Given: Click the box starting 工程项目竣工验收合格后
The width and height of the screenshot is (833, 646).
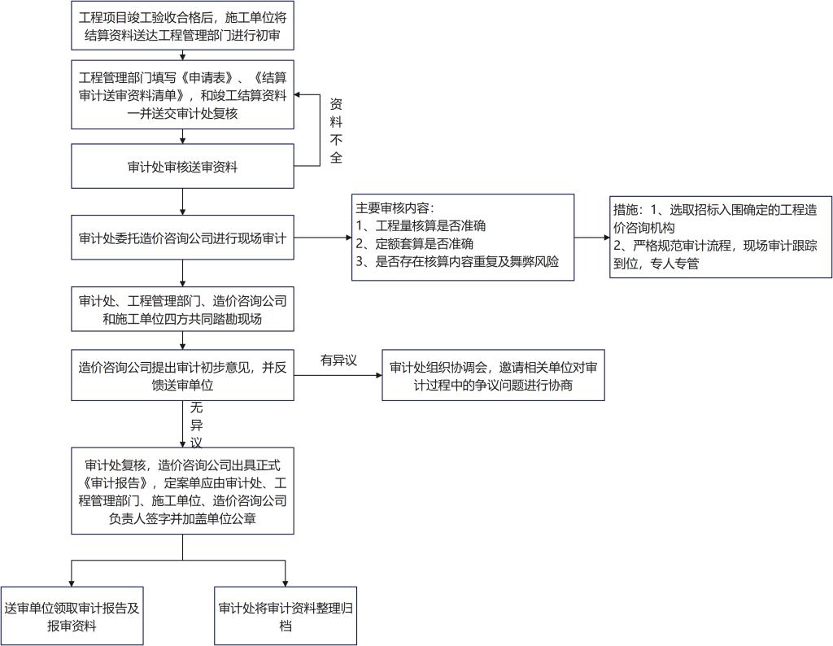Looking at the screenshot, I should click(182, 27).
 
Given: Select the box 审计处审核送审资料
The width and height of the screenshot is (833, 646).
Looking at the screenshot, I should click(182, 167).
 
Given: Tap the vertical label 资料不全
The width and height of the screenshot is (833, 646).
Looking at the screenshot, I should click(336, 130).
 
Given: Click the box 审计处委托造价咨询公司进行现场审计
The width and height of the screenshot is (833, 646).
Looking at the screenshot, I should click(182, 239).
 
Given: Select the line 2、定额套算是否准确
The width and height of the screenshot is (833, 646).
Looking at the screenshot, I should click(415, 243).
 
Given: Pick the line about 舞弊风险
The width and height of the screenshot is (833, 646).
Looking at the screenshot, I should click(457, 262).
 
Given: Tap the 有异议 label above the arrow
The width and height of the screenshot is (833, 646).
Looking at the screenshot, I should click(338, 360).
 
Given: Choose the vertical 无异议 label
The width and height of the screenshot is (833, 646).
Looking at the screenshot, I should click(195, 425).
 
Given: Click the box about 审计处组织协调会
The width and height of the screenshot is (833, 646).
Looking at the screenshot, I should click(493, 376).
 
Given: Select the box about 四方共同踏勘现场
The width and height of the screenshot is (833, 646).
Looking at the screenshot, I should click(182, 310).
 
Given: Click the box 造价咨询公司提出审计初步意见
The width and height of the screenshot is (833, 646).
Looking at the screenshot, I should click(182, 375).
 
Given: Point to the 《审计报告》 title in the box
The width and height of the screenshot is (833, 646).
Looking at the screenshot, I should click(113, 482).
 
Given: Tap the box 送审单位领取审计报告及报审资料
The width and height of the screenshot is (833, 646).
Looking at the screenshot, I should click(72, 617).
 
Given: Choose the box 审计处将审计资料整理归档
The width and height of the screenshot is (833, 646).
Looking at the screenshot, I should click(286, 617).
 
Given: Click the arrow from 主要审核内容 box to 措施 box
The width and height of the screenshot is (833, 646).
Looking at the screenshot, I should click(592, 238).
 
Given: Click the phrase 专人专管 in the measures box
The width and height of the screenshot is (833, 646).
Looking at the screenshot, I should click(673, 264).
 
